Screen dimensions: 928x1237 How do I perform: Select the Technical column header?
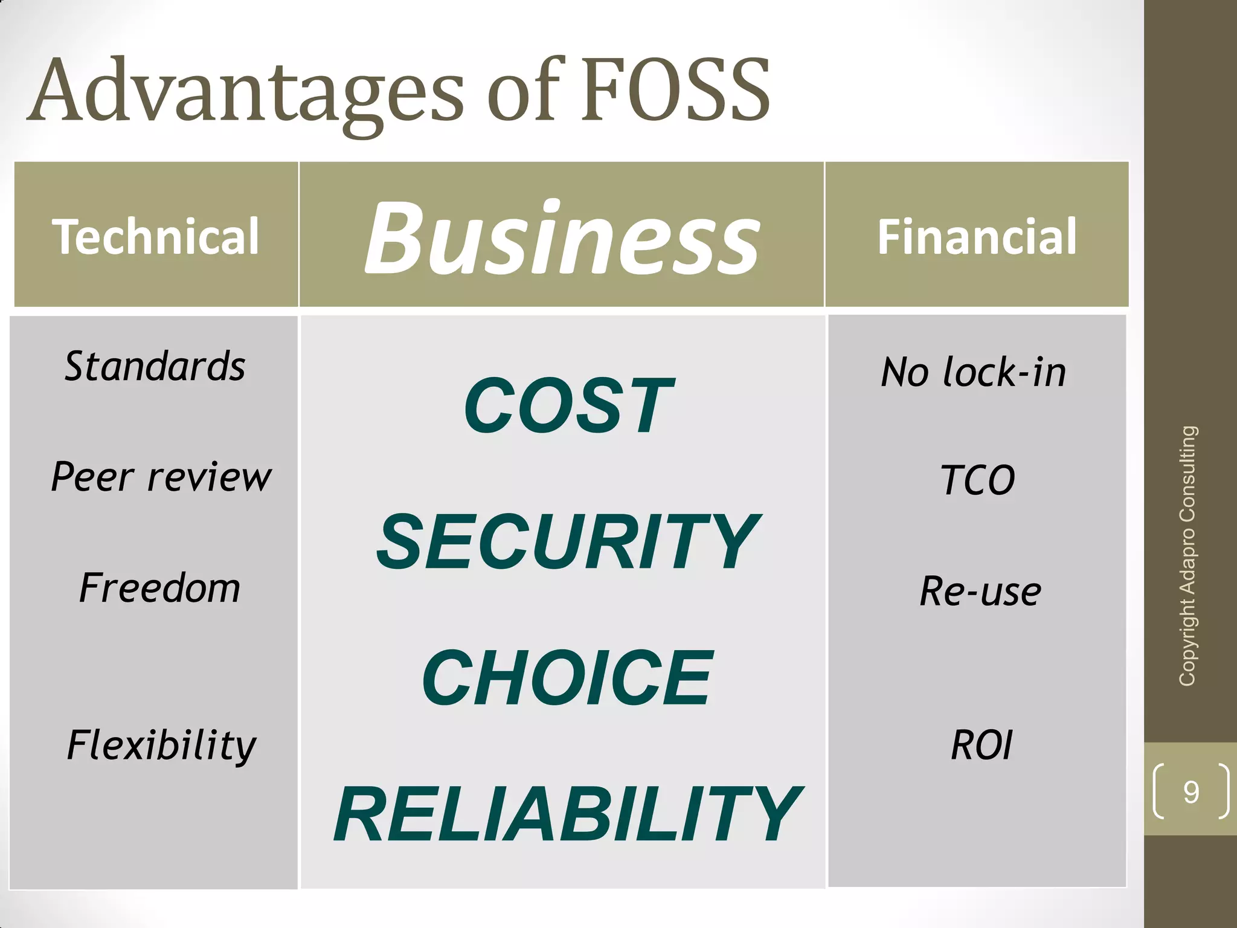tap(156, 236)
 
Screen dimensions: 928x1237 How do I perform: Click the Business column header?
tap(562, 237)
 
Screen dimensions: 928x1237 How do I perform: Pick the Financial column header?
tap(977, 236)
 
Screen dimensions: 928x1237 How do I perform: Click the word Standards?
tap(155, 367)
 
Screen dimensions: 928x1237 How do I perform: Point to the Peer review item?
tap(161, 477)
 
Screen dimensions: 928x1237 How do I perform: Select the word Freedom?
tap(160, 588)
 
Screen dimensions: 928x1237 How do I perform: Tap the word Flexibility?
tap(161, 745)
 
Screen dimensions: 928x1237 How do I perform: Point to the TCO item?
tap(978, 480)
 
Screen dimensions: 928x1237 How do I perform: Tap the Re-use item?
tap(980, 591)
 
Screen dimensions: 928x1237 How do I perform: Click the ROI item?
tap(982, 745)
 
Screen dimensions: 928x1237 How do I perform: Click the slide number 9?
tap(1190, 791)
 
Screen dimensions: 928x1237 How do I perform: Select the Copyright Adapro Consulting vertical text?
tap(1187, 556)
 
